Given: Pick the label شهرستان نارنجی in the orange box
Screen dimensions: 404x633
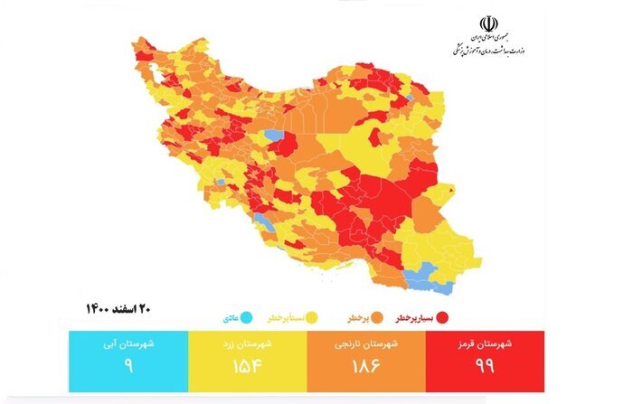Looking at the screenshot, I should [x=366, y=344].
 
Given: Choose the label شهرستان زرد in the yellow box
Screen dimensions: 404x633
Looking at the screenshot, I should [x=247, y=344].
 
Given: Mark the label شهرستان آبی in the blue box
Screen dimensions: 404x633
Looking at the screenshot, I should [x=128, y=344].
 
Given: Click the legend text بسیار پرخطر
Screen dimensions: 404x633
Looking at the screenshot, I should [x=415, y=319].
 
